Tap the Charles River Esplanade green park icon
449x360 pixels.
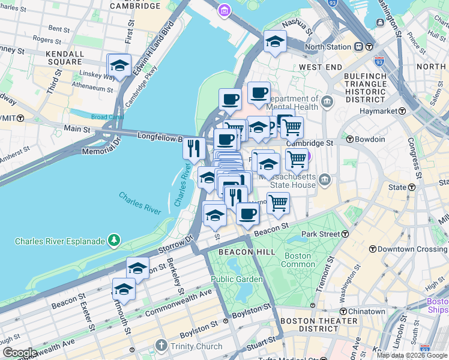click(x=113, y=241)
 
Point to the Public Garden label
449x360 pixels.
click(x=237, y=279)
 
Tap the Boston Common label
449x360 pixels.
click(x=297, y=260)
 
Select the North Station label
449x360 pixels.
click(x=328, y=47)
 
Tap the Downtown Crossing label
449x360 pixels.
click(x=412, y=249)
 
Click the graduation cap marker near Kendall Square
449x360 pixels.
click(x=119, y=65)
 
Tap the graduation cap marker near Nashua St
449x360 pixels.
click(x=275, y=41)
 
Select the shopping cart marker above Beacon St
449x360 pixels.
click(x=278, y=203)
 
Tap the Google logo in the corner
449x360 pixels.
click(x=19, y=353)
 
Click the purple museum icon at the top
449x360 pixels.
click(x=224, y=10)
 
